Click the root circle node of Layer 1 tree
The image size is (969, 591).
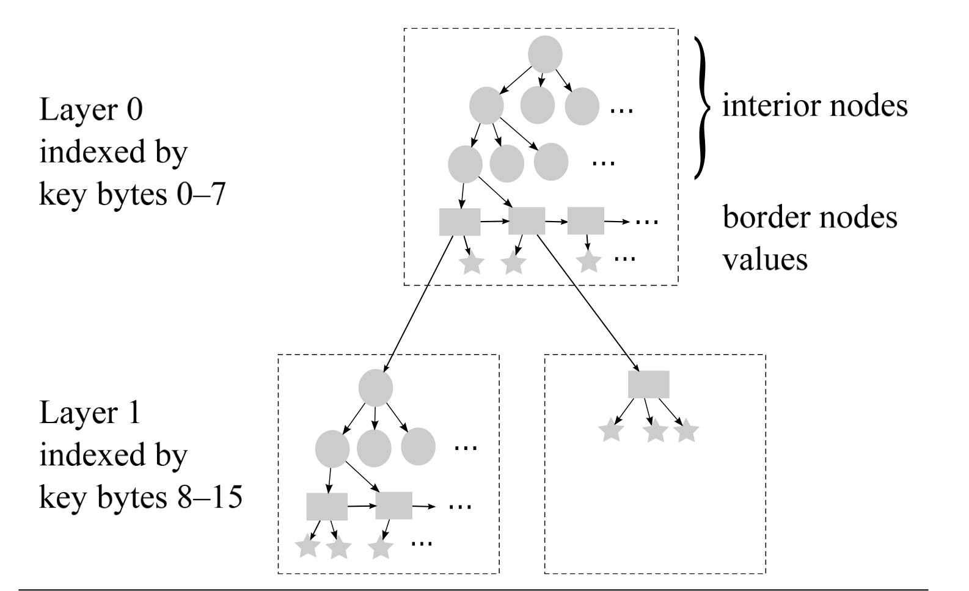(375, 388)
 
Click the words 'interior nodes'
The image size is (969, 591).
(814, 106)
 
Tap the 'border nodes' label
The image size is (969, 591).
(810, 218)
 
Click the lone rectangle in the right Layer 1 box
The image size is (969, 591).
(648, 385)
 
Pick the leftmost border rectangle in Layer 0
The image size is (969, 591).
(459, 222)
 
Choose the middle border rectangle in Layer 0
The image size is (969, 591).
(526, 221)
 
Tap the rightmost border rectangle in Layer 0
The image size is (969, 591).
(585, 221)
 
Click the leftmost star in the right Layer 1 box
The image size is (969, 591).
(611, 431)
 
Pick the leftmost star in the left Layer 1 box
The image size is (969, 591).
(307, 547)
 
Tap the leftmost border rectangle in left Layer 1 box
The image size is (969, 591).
(326, 506)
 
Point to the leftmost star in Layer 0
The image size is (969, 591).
(472, 264)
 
